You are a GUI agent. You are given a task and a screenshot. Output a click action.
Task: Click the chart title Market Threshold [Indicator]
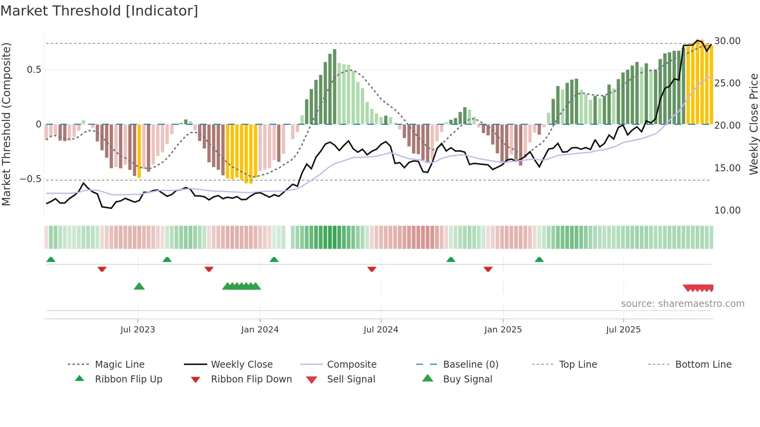point(99,11)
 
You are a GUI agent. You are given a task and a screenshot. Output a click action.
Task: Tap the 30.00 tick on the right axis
point(727,41)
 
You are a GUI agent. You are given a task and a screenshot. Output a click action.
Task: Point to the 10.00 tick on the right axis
point(727,210)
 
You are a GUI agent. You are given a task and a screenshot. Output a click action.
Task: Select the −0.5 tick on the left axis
point(30,179)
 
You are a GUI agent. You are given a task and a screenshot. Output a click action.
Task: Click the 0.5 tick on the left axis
point(34,70)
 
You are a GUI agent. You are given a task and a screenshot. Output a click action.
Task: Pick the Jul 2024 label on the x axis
point(380,330)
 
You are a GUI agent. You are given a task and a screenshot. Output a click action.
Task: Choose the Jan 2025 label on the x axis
point(503,330)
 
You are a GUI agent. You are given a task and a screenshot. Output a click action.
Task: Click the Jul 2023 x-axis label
point(137,330)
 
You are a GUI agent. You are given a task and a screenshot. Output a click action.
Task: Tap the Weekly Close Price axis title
point(753,124)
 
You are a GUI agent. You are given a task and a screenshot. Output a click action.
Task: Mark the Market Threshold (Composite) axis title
point(6,124)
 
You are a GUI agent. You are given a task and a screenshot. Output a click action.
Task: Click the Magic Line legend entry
point(119,365)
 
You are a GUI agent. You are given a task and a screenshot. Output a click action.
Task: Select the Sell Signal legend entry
point(351,379)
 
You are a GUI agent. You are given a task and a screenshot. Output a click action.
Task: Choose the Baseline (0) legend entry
point(470,365)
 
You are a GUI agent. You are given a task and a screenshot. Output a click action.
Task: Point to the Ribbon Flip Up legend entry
point(128,379)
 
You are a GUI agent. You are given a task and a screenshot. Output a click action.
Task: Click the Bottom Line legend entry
point(703,365)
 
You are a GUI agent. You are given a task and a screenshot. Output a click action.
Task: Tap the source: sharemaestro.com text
point(682,304)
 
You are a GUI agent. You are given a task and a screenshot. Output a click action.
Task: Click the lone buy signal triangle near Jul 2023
point(139,286)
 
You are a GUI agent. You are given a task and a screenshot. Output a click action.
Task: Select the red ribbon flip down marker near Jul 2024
point(371,269)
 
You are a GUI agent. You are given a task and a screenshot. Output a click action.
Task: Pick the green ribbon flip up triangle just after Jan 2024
point(274,260)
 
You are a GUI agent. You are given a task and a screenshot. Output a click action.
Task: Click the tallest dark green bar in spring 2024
point(335,87)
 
